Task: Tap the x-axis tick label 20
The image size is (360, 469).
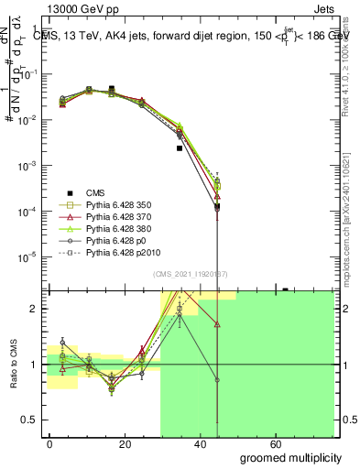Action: coord(106,444)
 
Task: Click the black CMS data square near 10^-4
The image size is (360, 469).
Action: coord(217,207)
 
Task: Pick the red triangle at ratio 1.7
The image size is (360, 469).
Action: coord(217,324)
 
